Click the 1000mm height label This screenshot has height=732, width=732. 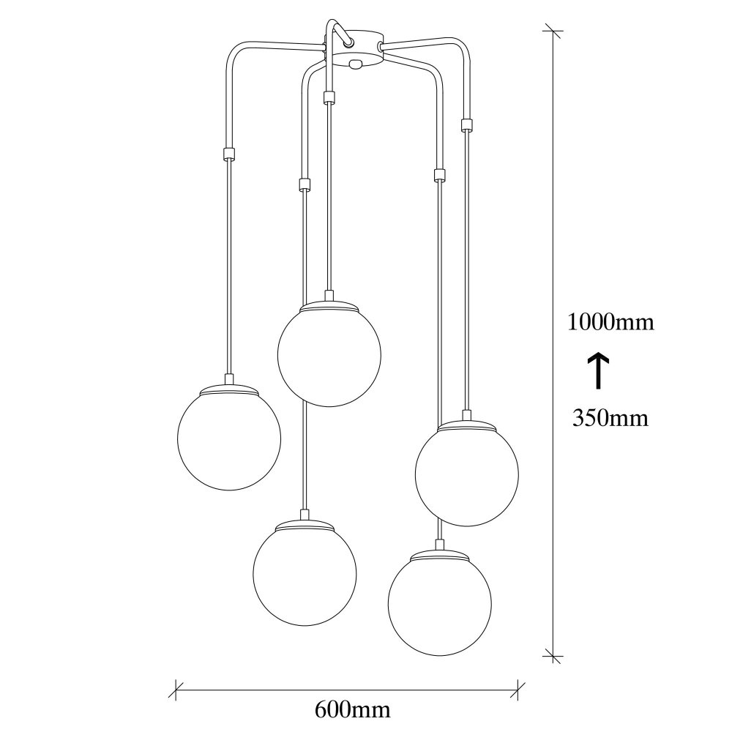610,322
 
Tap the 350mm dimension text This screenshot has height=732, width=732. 610,418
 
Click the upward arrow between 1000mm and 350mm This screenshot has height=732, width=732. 597,371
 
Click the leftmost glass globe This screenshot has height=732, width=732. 229,438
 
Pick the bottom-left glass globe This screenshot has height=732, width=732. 305,573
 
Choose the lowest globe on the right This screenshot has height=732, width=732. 439,604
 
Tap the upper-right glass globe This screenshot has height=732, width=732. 467,474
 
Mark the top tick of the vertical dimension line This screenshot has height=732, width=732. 553,31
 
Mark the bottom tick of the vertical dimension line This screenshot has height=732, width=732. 553,655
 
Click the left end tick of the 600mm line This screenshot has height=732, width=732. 176,690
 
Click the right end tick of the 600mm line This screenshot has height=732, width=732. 518,690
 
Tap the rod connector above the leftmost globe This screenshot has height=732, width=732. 228,153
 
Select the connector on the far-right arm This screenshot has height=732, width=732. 466,125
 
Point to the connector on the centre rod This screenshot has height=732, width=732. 329,97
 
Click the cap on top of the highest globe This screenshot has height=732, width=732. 329,304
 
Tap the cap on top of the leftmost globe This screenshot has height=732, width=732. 228,387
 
